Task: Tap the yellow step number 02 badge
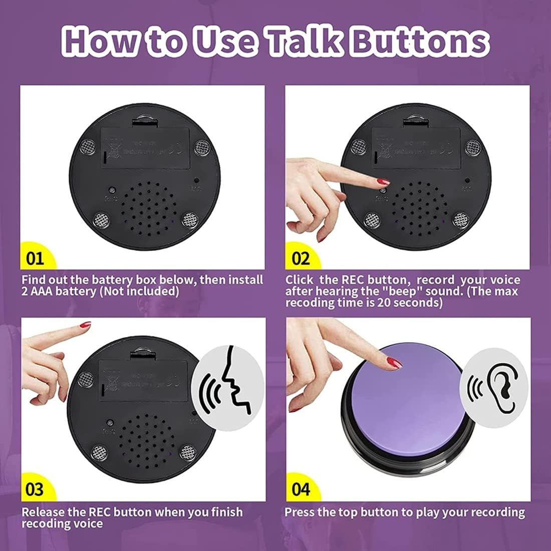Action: [x=301, y=258]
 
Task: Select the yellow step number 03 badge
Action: [x=35, y=489]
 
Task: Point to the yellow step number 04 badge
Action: [x=301, y=489]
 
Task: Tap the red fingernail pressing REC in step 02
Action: [x=383, y=181]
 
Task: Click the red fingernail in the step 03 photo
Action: [x=86, y=325]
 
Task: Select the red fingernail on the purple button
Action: [x=395, y=363]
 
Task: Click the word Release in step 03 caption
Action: [x=43, y=512]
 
